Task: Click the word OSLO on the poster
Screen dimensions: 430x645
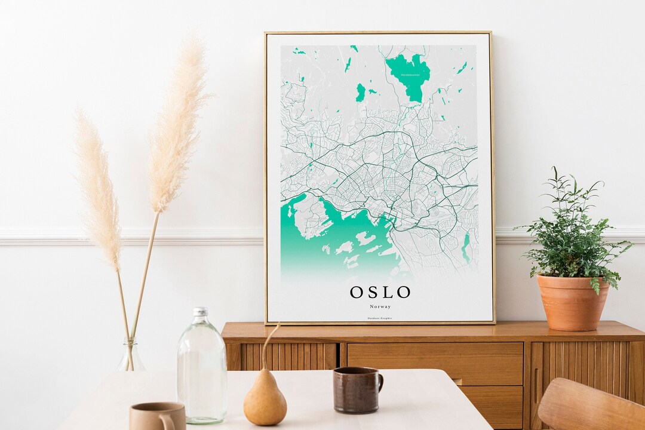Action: [380, 292]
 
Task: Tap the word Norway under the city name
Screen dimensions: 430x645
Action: [380, 306]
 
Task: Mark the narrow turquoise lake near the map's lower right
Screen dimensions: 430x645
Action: [466, 245]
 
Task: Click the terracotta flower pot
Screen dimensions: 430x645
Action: [572, 301]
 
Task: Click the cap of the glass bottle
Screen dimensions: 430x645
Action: [201, 312]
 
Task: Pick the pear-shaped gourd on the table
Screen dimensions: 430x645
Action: [265, 400]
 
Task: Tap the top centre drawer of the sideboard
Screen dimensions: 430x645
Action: [435, 363]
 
